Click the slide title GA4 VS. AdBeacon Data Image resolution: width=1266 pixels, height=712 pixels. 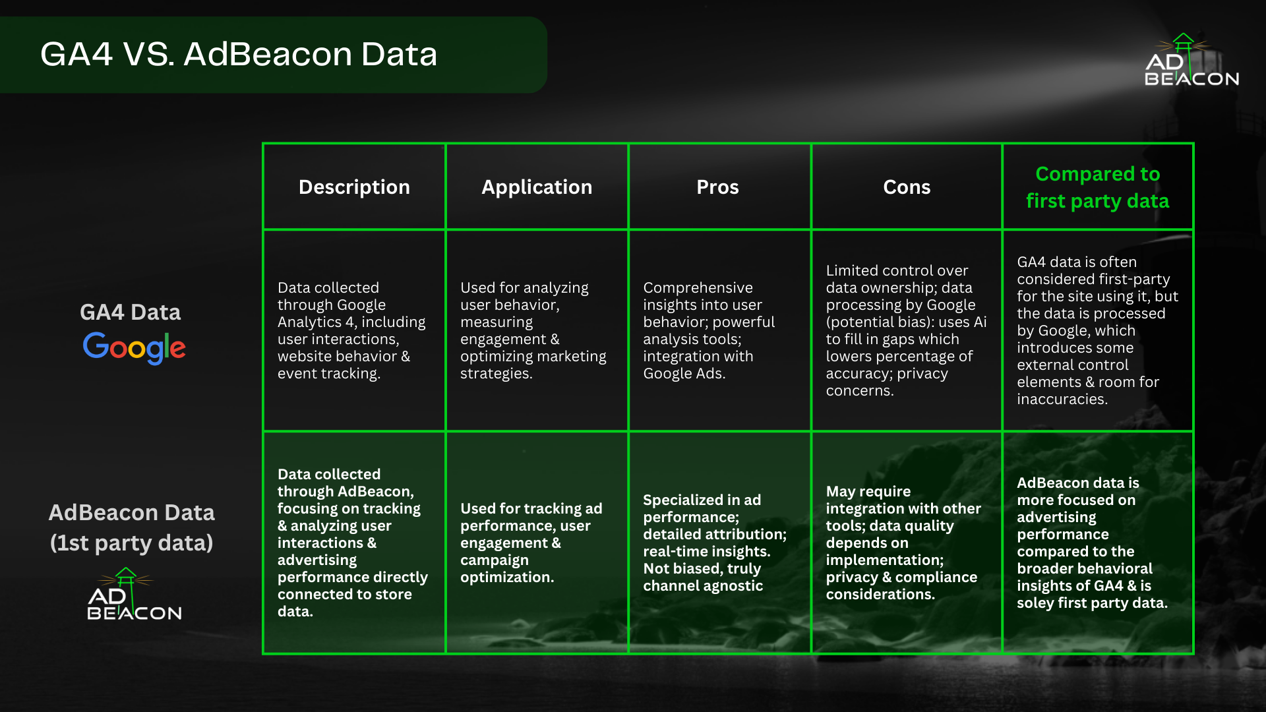(x=239, y=54)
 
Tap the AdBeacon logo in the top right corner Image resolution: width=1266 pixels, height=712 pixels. (x=1191, y=60)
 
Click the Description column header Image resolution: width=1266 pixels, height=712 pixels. (x=354, y=187)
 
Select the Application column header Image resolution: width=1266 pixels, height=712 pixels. (x=537, y=187)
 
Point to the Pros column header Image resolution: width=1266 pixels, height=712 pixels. (x=717, y=187)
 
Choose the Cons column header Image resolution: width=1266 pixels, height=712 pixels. (x=907, y=187)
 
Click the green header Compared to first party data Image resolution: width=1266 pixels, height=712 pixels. (x=1098, y=187)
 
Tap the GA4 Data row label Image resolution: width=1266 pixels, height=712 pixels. (x=130, y=312)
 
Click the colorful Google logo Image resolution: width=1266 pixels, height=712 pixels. (x=134, y=347)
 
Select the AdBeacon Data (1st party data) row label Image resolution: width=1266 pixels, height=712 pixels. (x=131, y=527)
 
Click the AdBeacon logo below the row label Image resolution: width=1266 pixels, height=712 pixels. (x=134, y=594)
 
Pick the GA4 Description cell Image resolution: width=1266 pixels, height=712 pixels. (x=351, y=330)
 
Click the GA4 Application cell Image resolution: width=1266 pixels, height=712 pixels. (x=533, y=330)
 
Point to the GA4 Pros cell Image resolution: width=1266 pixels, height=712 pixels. (x=709, y=330)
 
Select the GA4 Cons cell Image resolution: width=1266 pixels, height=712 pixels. (x=906, y=330)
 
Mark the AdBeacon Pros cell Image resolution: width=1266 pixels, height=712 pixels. (x=715, y=543)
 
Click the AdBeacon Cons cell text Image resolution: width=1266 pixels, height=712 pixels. (x=903, y=543)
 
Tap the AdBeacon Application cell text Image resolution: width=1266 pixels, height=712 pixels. (x=531, y=543)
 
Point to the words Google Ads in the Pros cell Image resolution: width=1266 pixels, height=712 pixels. (x=684, y=374)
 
